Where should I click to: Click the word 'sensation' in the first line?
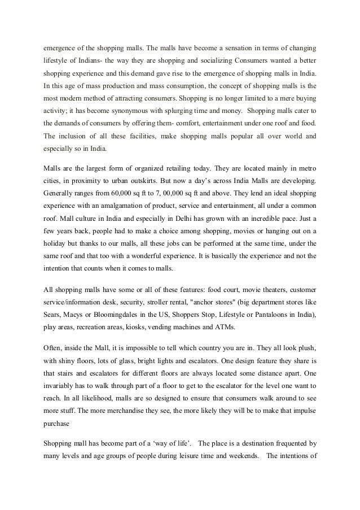(x=214, y=45)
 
